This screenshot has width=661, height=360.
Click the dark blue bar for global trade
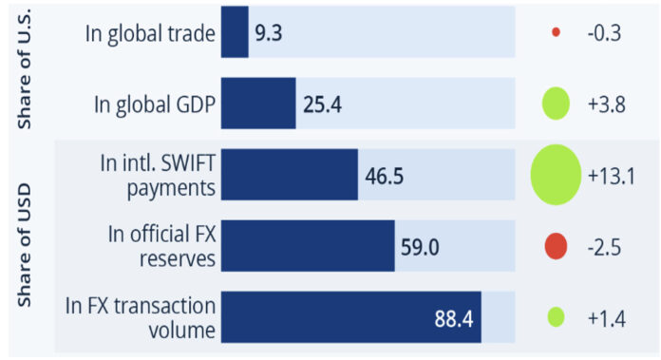pos(235,32)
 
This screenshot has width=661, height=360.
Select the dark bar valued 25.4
pos(258,104)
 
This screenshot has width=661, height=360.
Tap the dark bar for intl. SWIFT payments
pos(289,175)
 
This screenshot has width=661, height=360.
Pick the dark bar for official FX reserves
pos(308,246)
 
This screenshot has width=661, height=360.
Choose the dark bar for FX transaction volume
pos(350,316)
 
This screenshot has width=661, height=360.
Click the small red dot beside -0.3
pos(556,32)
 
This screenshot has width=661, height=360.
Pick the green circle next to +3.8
pos(556,104)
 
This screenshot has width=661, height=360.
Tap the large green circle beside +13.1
pos(556,175)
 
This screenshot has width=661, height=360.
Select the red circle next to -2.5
pos(556,246)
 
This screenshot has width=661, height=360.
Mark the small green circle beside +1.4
pos(556,316)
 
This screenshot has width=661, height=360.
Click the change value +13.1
pos(611,176)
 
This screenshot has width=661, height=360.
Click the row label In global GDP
pos(154,104)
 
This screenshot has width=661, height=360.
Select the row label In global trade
pos(150,33)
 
